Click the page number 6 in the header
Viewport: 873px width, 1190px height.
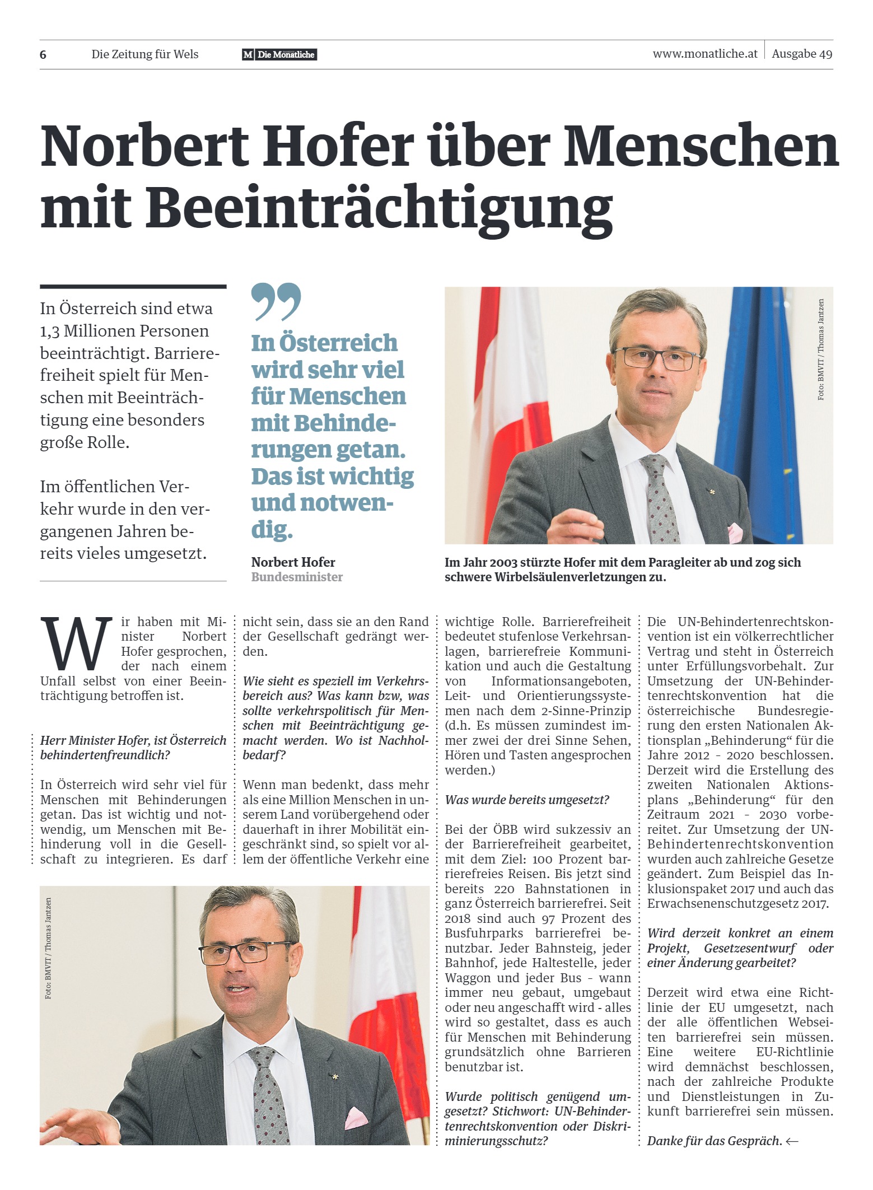click(x=43, y=55)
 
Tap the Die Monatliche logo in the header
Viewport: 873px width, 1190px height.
click(x=279, y=54)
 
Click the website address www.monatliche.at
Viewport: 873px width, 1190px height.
click(x=704, y=54)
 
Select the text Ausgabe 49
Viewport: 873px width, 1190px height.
click(x=801, y=54)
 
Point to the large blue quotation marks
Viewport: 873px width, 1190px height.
click(x=276, y=301)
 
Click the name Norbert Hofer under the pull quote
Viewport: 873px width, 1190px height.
click(x=293, y=562)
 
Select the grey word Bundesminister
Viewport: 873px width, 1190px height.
click(x=297, y=577)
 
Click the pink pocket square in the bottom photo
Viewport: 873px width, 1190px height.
click(x=355, y=1118)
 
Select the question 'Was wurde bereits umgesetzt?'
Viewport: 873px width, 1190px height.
click(x=526, y=800)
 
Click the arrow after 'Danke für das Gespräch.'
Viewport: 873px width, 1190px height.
click(x=792, y=1141)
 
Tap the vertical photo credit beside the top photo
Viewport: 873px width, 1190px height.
click(x=821, y=349)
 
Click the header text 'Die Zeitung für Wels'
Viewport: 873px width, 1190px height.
click(x=145, y=54)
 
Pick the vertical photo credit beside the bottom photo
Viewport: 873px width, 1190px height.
click(x=49, y=948)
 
